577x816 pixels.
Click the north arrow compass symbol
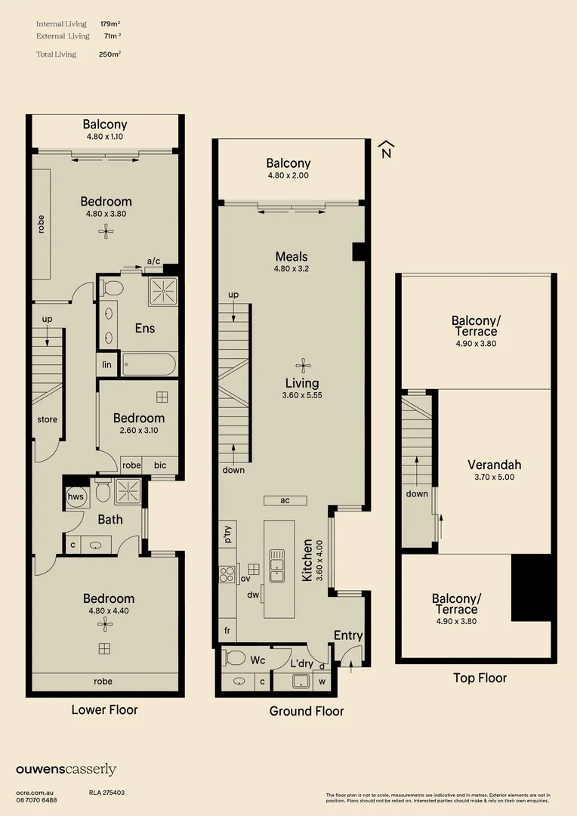pos(386,149)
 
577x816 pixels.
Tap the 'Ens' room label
pos(144,328)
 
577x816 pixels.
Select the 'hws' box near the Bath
pos(76,496)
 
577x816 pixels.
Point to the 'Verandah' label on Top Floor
pos(494,465)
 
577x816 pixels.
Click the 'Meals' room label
pos(291,256)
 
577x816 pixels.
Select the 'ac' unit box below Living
pos(285,500)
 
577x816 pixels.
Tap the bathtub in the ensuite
pos(148,365)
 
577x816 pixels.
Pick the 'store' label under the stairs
pos(47,419)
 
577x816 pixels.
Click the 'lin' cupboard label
pos(106,365)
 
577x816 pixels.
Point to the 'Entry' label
pos(347,635)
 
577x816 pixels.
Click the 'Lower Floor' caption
pos(104,709)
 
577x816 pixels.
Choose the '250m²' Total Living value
pos(110,54)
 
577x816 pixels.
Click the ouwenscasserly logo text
pos(66,769)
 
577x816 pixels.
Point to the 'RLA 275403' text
pos(106,793)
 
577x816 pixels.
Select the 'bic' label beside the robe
pos(159,465)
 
